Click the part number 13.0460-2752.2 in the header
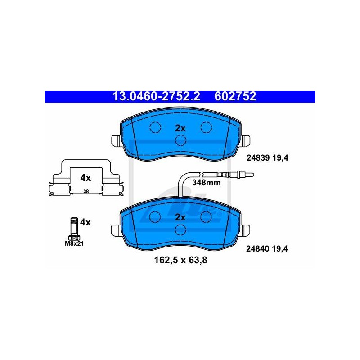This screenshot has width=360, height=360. pos(156,96)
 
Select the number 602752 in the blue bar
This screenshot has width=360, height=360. pos(235,96)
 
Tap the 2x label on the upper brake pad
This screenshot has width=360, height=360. pos(180,128)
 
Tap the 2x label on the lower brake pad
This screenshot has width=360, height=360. pos(180,217)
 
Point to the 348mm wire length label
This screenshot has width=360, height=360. pos(207,183)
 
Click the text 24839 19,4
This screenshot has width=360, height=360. pos(267,158)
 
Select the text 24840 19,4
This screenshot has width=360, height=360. pos(267,249)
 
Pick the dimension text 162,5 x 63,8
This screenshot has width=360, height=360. pos(181,260)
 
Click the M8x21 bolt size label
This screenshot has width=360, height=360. pos(74,243)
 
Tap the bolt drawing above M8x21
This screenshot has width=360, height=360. pos(74,229)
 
